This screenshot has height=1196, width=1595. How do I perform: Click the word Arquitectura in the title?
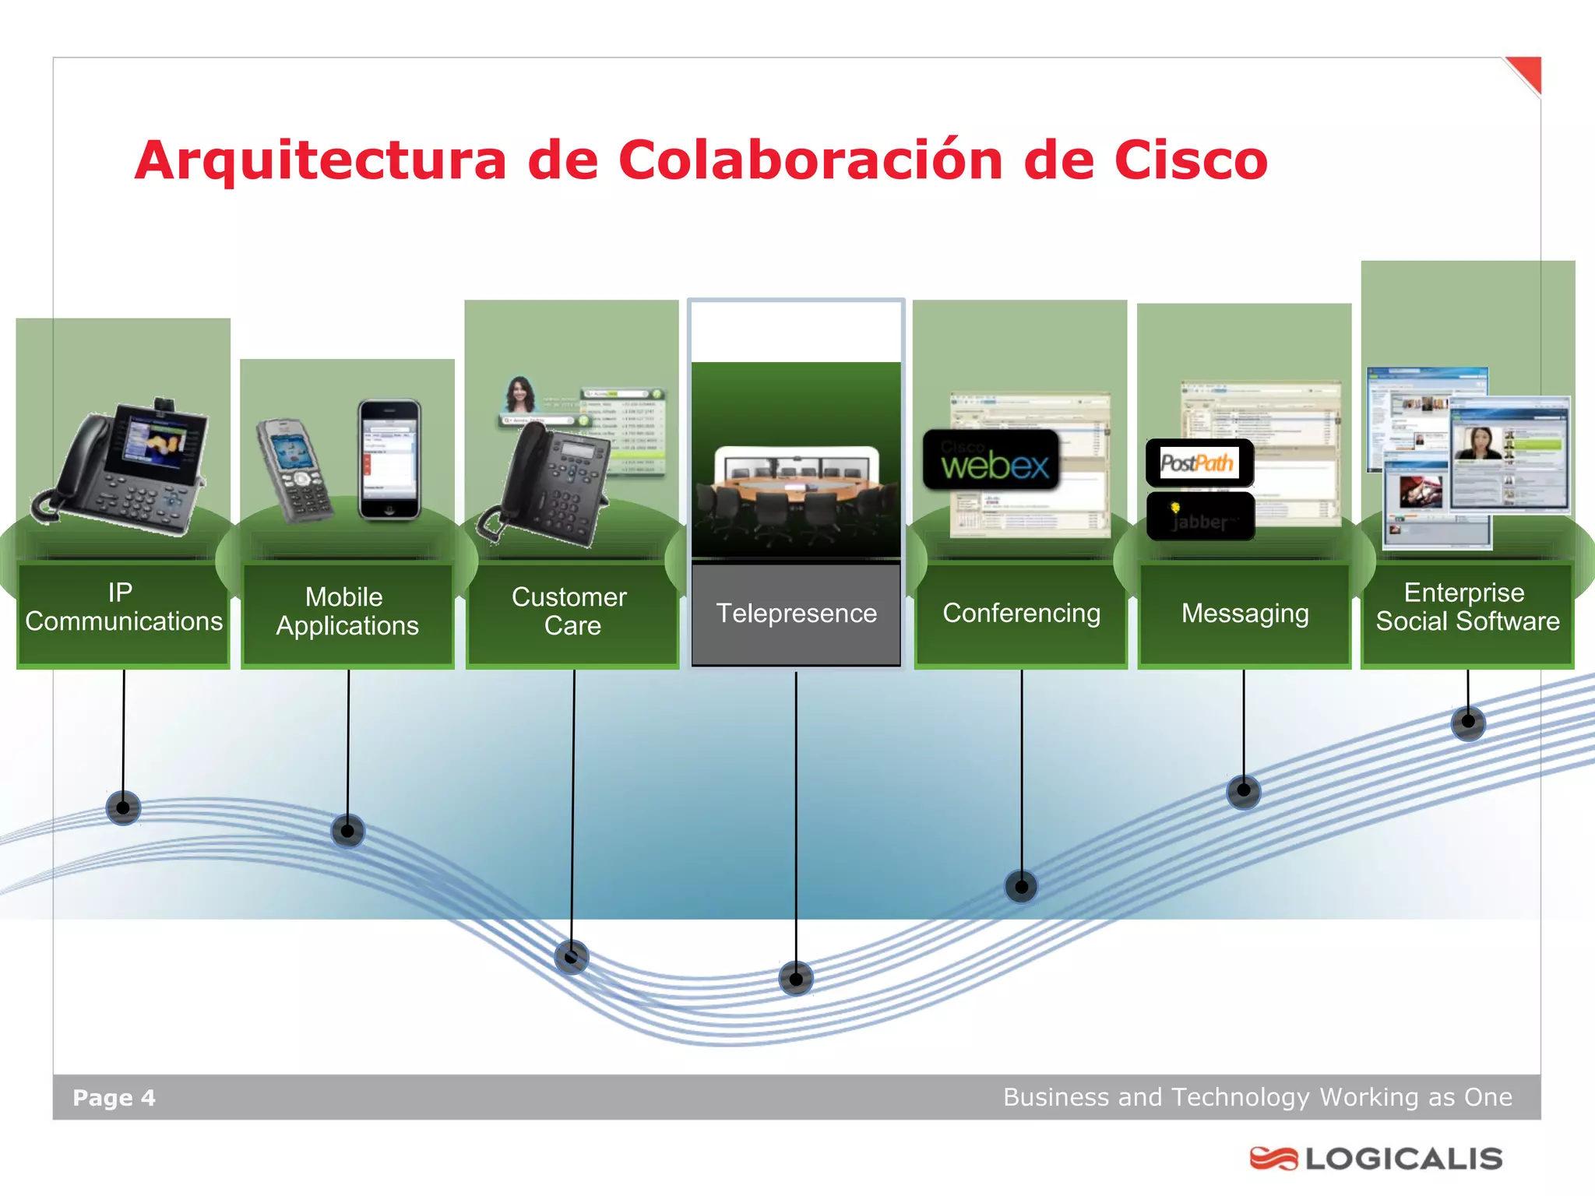tap(320, 160)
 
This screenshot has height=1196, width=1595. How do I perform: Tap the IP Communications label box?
tap(123, 613)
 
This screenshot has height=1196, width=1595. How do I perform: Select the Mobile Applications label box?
tap(347, 613)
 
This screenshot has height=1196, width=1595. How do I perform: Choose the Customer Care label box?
tap(572, 613)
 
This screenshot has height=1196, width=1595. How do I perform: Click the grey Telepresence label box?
tap(796, 614)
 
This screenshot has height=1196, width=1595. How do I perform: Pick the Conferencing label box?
tap(1021, 614)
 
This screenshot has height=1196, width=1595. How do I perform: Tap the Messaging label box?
tap(1245, 614)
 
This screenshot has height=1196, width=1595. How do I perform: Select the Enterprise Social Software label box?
tap(1467, 613)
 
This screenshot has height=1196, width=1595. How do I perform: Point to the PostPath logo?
tap(1199, 463)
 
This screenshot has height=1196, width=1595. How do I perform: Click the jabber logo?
tap(1200, 517)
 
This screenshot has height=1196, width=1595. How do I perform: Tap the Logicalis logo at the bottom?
tap(1376, 1159)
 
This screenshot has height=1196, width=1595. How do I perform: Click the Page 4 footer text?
tap(114, 1098)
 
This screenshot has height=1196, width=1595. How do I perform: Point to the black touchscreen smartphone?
tap(389, 459)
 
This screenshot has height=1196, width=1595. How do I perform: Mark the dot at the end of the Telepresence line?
tap(795, 978)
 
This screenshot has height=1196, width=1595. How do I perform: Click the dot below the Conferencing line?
tap(1021, 886)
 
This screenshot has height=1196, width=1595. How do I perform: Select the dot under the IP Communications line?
tap(123, 807)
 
